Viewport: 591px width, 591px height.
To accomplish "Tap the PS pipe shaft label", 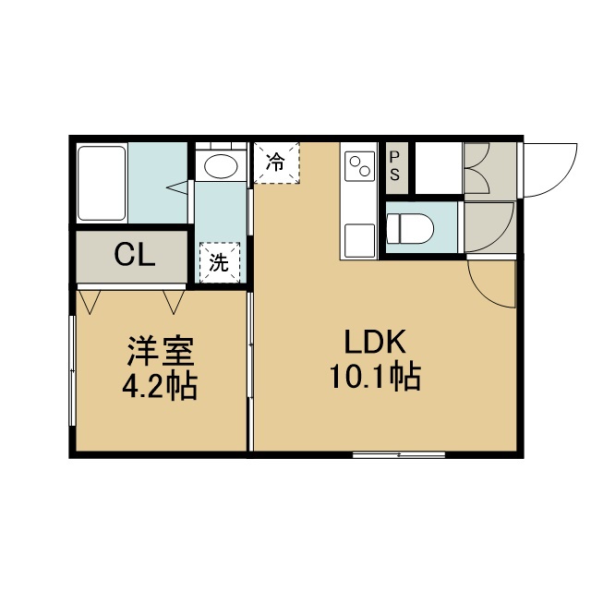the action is [394, 166].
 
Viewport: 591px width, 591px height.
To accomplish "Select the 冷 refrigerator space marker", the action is [276, 163].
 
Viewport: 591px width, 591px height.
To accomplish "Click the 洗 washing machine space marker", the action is [220, 262].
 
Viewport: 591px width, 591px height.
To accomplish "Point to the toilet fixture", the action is [410, 228].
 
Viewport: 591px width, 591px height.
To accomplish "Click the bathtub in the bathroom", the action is [102, 183].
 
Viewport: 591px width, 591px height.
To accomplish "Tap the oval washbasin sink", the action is [222, 165].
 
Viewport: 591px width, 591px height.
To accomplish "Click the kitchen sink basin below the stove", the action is [360, 240].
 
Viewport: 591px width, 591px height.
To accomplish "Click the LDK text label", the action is [376, 342].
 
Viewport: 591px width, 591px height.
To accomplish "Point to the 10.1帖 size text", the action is [376, 376].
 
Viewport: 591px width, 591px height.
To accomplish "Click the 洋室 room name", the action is [161, 351].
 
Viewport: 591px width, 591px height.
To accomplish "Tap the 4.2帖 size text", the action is [160, 386].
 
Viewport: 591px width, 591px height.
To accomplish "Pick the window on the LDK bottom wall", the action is [399, 455].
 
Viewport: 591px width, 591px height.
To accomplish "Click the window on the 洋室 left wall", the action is [73, 371].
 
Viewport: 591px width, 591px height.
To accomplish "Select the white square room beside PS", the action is [439, 168].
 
